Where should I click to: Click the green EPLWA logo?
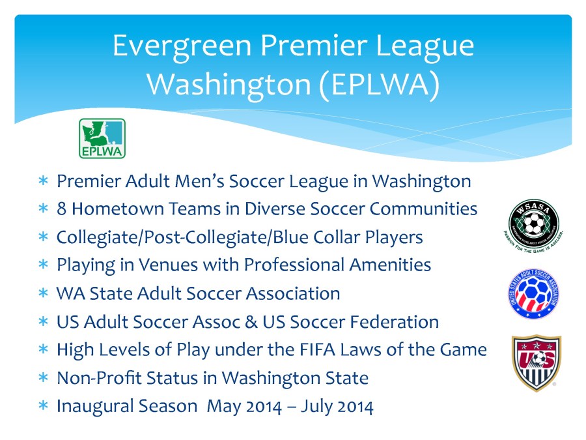(102, 138)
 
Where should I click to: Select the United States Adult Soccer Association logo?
(534, 293)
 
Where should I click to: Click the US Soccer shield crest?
(536, 362)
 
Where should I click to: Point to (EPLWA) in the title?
(378, 84)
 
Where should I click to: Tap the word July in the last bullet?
(321, 406)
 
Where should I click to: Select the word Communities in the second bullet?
(423, 209)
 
